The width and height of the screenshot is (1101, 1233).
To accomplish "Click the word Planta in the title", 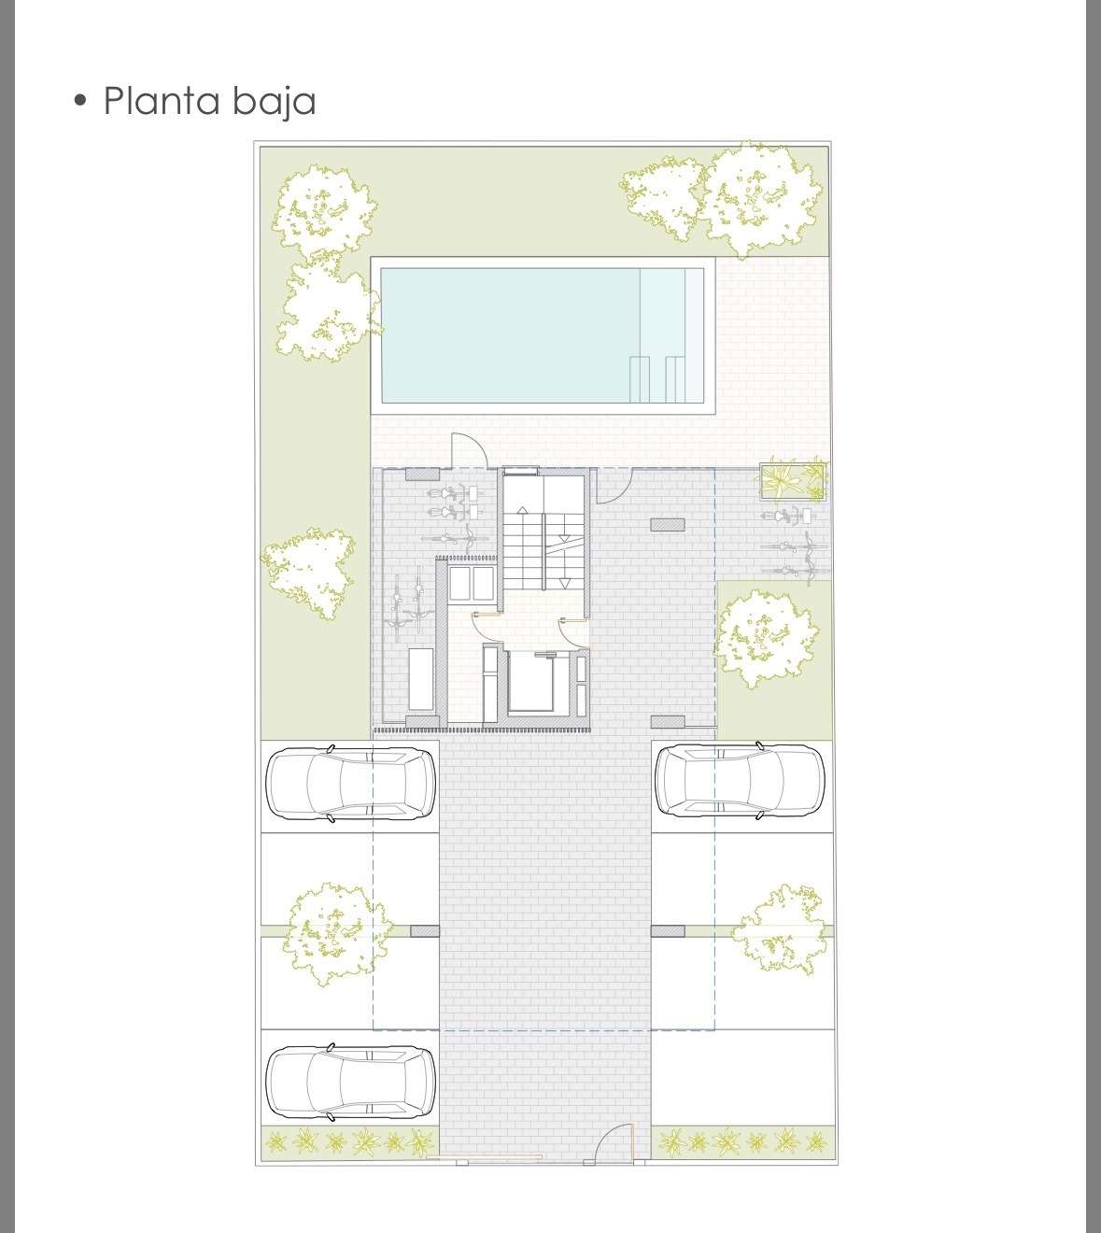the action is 161,101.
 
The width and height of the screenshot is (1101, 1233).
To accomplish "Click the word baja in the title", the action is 274,102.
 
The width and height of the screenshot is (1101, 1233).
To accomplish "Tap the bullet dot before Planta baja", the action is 79,101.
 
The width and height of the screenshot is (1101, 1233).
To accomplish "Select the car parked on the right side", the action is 740,781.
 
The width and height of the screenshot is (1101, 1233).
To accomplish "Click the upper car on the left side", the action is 350,784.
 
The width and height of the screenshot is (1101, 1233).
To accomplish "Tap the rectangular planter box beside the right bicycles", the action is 793,481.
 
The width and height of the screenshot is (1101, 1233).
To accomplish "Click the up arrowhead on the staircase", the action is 522,509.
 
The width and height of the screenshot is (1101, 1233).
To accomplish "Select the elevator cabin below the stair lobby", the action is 530,681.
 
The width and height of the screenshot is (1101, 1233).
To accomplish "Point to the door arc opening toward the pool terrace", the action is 468,449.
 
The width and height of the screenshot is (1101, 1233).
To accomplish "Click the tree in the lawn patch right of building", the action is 766,639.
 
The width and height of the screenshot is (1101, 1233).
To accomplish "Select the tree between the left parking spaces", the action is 336,933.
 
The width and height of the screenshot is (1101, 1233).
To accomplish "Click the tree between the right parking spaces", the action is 781,929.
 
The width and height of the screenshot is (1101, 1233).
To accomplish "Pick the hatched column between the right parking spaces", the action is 668,930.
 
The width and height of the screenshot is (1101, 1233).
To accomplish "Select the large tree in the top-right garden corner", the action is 761,200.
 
